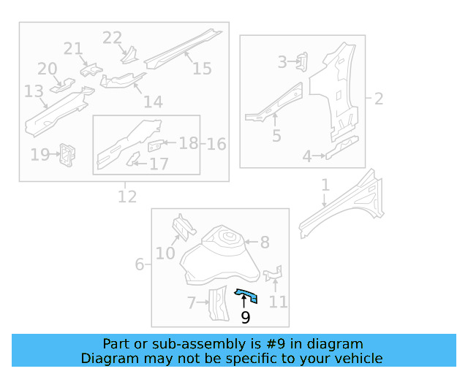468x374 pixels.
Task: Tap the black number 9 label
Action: tap(245, 317)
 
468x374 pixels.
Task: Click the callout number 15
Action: tap(202, 68)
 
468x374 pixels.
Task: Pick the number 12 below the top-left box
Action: tap(127, 196)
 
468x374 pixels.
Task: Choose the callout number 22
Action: tap(112, 38)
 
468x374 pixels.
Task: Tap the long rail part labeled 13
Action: tap(55, 111)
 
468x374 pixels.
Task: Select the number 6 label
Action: tap(139, 264)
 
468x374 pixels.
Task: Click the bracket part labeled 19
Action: tap(68, 154)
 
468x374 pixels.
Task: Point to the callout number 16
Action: tap(216, 143)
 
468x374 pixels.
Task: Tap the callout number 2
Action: tap(378, 98)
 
